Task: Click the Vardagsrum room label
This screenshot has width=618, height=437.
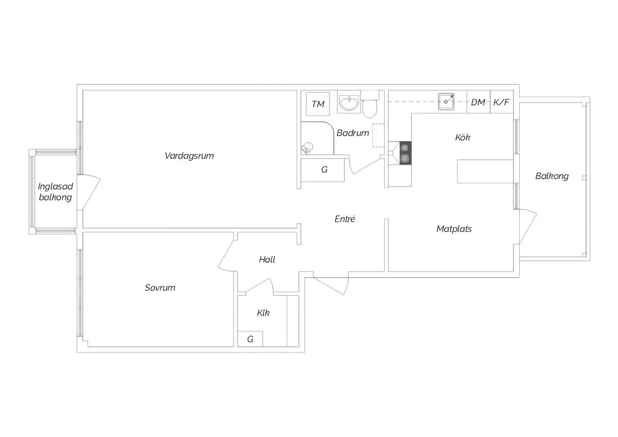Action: [x=190, y=156]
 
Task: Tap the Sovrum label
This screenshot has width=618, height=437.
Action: [x=160, y=288]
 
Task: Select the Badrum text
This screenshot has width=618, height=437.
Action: [x=353, y=133]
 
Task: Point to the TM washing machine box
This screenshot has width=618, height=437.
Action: [x=318, y=104]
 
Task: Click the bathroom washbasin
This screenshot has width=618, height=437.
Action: [x=349, y=102]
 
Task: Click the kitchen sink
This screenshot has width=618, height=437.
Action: [x=446, y=102]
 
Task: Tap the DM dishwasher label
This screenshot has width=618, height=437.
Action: [x=478, y=103]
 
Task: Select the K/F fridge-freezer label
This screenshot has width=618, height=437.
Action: [x=501, y=103]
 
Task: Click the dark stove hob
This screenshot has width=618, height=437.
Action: [x=405, y=153]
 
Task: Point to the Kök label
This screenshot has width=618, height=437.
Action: [x=462, y=137]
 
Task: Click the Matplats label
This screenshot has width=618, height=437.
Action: [x=454, y=229]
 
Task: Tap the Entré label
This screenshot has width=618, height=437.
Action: [x=345, y=219]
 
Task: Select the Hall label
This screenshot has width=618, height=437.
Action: [x=267, y=260]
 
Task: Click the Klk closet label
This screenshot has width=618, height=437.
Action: [x=263, y=313]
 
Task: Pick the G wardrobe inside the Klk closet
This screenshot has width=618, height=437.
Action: [x=250, y=339]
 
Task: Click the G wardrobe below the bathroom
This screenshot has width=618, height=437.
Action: [x=323, y=170]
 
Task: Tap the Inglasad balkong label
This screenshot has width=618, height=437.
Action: [x=56, y=192]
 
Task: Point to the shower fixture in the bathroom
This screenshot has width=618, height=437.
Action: [x=307, y=148]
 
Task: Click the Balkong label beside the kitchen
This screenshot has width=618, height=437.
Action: [x=552, y=176]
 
